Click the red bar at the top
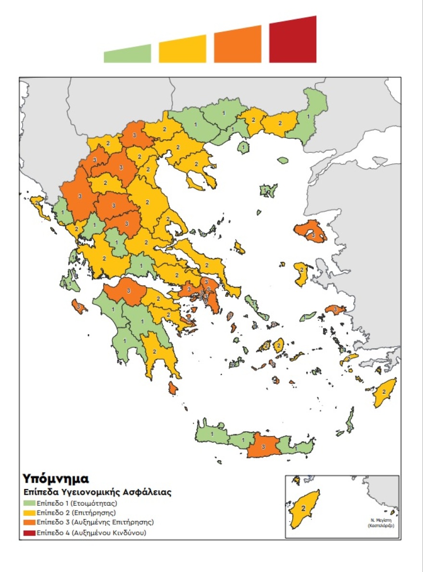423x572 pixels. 293,41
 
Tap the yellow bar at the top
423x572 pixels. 183,49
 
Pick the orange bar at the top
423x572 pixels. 238,45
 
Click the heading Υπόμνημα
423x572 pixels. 55,478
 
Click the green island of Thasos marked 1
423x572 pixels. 244,147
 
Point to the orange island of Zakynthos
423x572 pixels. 79,306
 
